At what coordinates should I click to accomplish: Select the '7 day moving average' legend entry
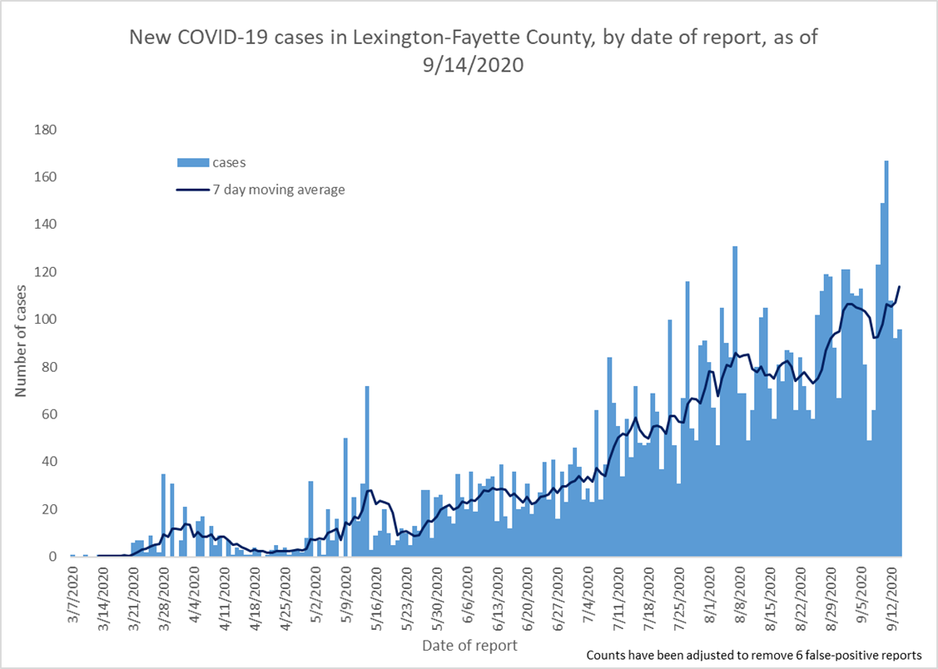(x=261, y=190)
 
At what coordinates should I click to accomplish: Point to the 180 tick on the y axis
(x=45, y=130)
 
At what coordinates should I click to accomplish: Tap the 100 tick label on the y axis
(x=45, y=320)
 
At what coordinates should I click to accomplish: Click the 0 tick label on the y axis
(x=52, y=557)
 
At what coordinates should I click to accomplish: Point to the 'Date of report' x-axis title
(x=469, y=646)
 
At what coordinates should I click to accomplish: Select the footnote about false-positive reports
(x=757, y=655)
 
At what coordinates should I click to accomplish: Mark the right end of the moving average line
(x=900, y=286)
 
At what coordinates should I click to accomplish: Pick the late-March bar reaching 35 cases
(x=163, y=515)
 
